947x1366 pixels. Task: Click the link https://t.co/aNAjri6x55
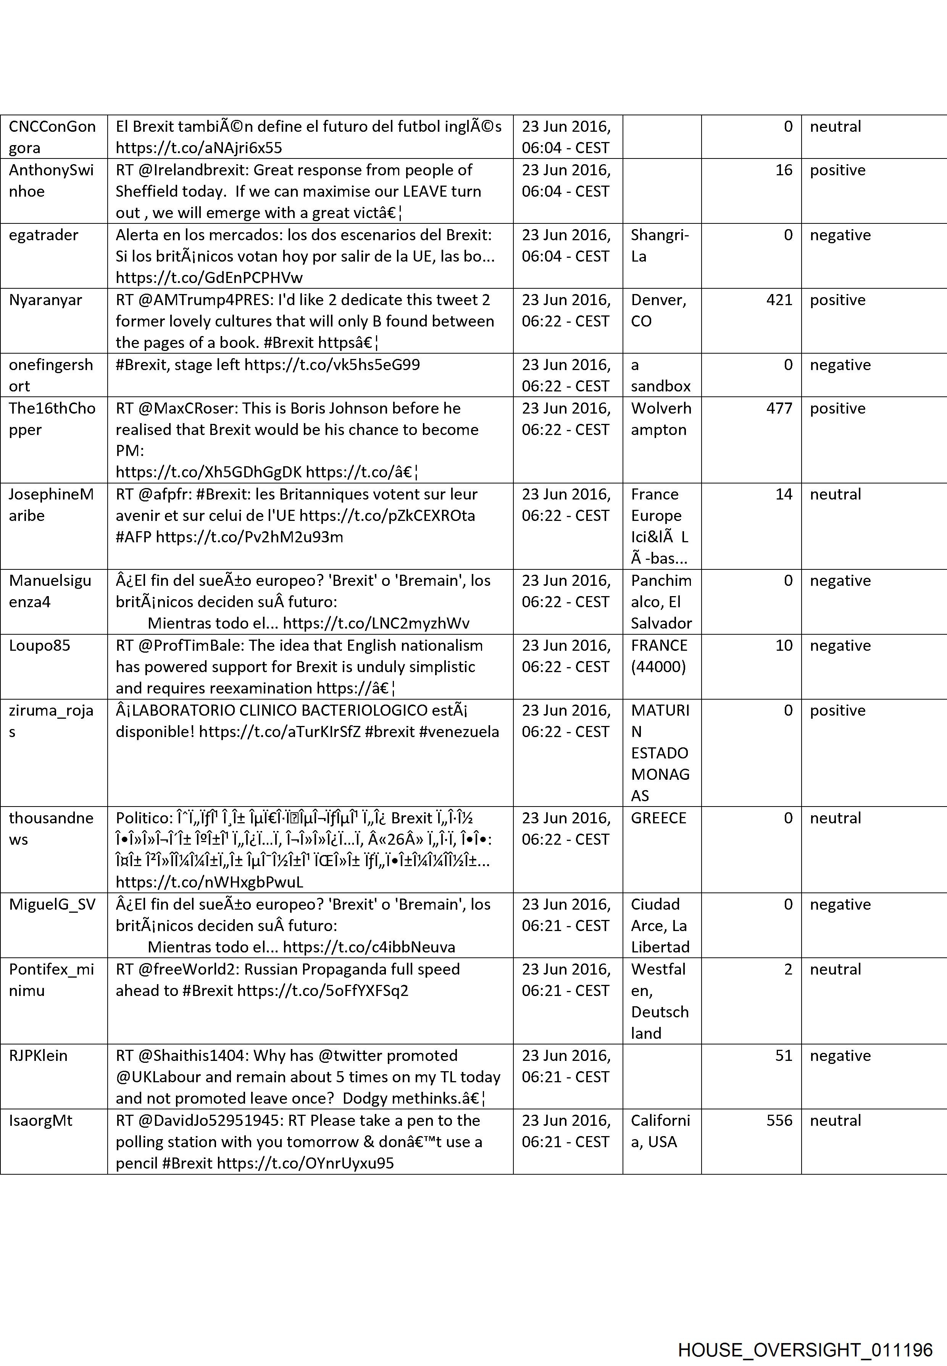point(199,148)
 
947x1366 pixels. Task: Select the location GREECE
point(658,818)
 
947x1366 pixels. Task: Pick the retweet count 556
point(779,1120)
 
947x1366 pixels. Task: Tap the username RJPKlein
point(38,1056)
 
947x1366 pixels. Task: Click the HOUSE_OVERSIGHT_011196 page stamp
point(805,1333)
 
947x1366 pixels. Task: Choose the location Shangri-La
point(659,246)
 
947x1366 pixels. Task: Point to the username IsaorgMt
point(40,1120)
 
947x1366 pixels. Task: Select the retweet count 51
point(783,1056)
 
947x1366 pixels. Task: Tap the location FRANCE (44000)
point(659,656)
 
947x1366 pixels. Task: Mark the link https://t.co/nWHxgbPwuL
point(210,882)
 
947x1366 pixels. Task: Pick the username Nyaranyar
point(45,300)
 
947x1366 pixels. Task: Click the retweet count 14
point(783,495)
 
